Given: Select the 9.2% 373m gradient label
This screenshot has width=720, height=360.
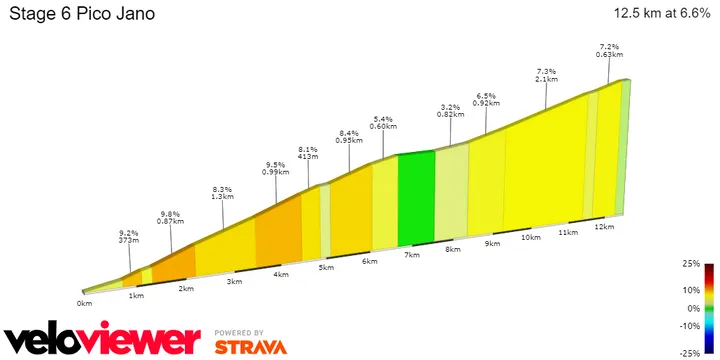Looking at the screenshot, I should (x=128, y=236).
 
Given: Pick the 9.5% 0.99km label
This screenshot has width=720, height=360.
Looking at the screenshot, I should (x=275, y=169).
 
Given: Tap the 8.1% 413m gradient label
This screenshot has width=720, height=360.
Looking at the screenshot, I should (x=307, y=153).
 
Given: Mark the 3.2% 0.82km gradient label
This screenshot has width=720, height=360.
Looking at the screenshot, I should (x=450, y=110).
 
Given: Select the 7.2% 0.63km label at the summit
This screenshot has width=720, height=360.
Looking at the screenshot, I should (x=609, y=50).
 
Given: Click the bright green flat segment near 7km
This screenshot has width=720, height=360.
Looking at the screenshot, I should (x=417, y=198).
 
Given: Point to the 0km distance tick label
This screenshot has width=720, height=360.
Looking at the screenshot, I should (x=85, y=302).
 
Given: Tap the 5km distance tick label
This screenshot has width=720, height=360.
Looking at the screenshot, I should (x=325, y=268).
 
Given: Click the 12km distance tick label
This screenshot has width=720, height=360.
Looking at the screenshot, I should (x=603, y=228).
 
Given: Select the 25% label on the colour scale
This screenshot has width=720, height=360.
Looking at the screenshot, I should (x=691, y=263).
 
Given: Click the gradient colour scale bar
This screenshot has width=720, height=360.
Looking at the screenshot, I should (x=708, y=309).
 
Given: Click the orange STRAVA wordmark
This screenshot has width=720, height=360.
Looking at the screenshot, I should (x=250, y=347).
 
